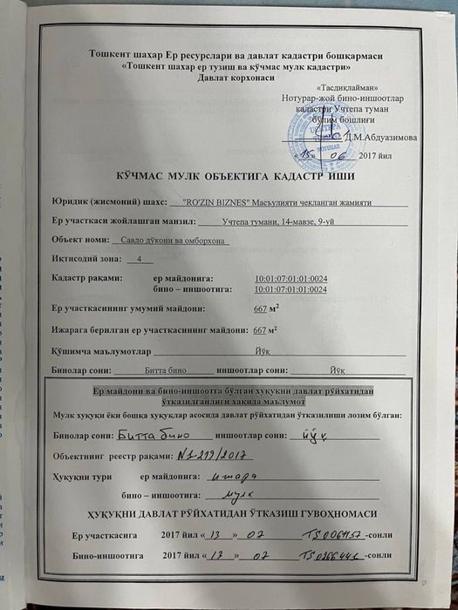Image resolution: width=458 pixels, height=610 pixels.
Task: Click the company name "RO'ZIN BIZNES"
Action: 208,202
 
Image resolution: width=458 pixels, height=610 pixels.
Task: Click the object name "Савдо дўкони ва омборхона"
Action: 169,240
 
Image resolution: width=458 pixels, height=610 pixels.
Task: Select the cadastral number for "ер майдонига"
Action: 291,278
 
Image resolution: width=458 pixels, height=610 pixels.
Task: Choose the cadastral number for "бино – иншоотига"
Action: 291,288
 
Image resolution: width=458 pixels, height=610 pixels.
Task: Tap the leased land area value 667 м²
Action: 265,329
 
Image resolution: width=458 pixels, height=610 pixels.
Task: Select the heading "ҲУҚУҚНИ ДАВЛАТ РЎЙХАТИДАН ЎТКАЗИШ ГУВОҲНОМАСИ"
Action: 229,512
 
